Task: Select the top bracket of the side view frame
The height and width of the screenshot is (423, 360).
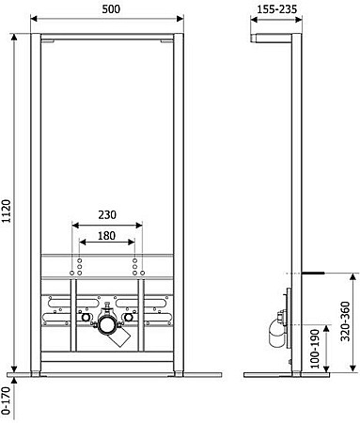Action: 274,39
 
